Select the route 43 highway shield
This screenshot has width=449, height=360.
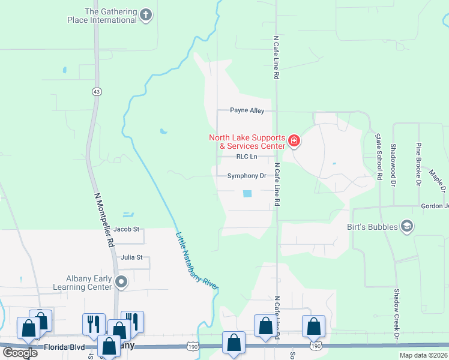97,91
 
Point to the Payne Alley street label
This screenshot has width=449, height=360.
247,111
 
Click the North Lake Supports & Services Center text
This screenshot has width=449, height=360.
247,142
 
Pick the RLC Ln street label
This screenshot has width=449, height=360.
246,157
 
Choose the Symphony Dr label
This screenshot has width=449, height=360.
246,176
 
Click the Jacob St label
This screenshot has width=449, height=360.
126,229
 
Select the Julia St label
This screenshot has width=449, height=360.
131,258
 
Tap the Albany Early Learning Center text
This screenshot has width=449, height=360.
90,283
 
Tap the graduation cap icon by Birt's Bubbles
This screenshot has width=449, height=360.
406,226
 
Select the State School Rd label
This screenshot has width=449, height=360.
378,157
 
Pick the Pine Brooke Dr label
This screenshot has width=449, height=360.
418,163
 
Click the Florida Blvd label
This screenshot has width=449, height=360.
66,347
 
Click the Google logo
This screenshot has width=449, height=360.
20,352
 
